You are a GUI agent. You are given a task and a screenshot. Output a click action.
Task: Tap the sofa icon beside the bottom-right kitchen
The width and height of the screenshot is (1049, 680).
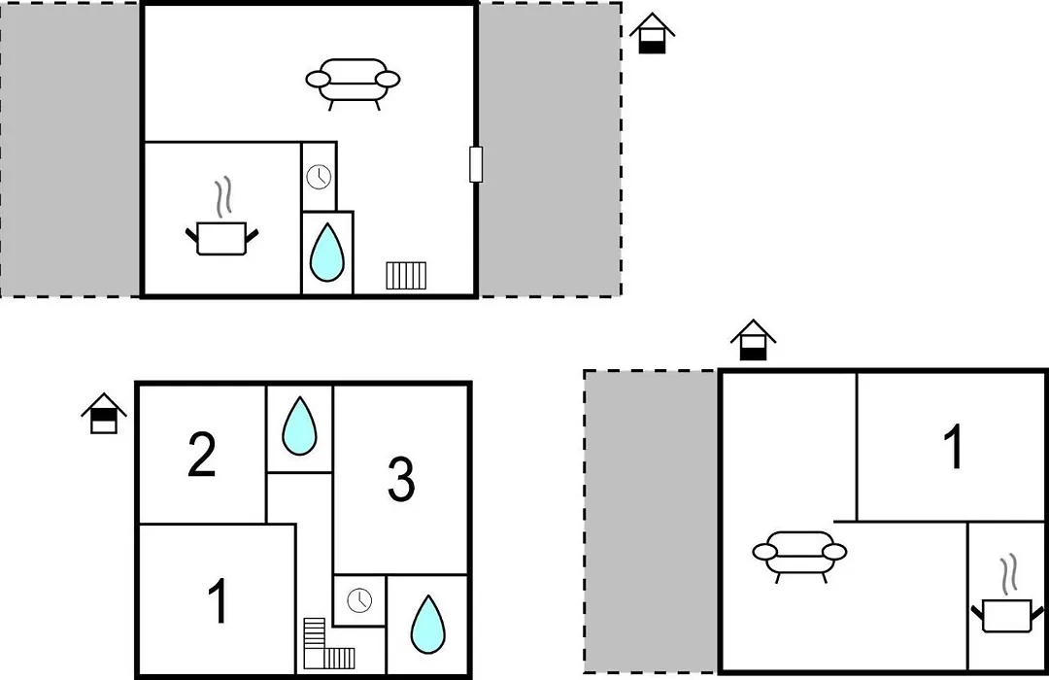(x=799, y=554)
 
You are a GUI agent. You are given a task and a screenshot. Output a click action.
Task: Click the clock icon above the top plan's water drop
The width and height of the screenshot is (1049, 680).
(x=319, y=178)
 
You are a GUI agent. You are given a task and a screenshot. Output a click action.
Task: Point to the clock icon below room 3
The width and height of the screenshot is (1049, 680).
(x=359, y=600)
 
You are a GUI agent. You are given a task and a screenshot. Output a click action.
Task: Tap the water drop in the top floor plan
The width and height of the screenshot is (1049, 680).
(x=327, y=253)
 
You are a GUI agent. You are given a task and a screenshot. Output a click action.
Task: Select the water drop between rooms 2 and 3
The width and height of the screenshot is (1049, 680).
(x=299, y=426)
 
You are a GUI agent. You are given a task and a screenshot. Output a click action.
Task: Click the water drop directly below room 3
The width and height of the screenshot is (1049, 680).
(x=427, y=625)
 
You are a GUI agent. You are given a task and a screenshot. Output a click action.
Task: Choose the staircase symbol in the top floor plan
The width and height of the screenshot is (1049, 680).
(x=406, y=275)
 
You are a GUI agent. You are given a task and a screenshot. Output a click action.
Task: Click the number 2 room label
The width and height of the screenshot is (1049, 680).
(x=201, y=455)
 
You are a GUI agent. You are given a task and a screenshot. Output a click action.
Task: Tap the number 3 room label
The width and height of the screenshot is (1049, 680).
(x=401, y=479)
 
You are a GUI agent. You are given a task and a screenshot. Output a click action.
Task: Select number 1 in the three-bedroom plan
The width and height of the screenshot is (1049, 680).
(x=219, y=600)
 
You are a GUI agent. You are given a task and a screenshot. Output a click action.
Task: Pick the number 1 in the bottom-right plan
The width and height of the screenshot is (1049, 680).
(x=954, y=447)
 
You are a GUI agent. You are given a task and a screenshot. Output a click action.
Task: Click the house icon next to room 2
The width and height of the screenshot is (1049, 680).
(x=104, y=413)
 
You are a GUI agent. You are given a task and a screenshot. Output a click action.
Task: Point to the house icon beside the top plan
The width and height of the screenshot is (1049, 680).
(x=653, y=33)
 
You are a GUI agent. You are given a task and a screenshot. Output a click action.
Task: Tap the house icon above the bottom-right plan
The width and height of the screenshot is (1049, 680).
(x=754, y=340)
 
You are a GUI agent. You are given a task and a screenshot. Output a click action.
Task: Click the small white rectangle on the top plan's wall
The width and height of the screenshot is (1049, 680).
(x=476, y=164)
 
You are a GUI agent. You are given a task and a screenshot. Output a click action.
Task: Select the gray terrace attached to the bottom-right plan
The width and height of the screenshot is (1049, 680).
(x=651, y=522)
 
